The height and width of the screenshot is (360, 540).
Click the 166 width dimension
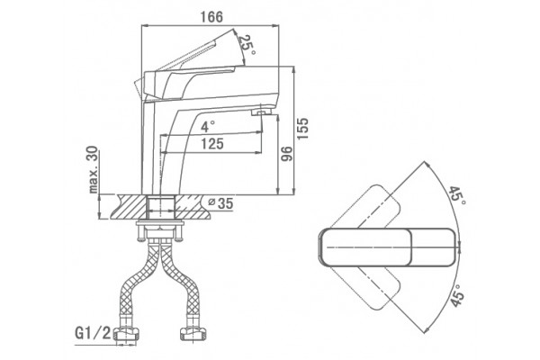click(211, 16)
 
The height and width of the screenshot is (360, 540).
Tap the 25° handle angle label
click(247, 44)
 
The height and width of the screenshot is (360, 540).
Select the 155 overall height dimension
click(302, 129)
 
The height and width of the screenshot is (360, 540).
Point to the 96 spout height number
click(286, 154)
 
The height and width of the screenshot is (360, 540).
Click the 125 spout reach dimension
click(212, 144)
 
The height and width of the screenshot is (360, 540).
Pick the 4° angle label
click(208, 126)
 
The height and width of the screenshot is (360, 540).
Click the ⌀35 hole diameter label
click(220, 203)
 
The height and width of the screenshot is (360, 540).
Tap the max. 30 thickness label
click(93, 169)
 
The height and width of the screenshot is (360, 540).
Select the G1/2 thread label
click(93, 333)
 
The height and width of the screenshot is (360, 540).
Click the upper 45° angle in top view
click(457, 195)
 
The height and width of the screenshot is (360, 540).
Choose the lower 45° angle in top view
click(458, 295)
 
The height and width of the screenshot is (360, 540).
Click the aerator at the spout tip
click(263, 112)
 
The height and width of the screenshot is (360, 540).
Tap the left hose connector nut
click(126, 334)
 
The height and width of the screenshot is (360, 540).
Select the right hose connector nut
click(193, 334)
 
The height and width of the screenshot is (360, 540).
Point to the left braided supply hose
click(138, 283)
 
